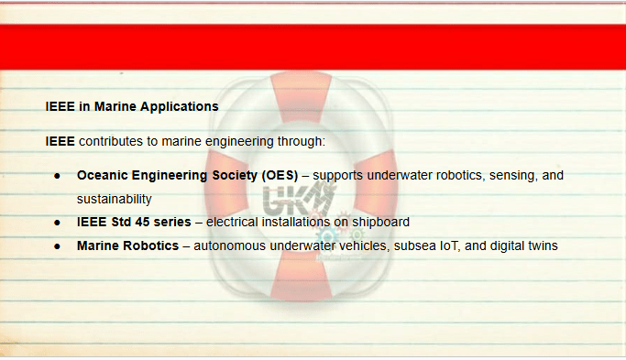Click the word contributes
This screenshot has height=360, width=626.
point(111,141)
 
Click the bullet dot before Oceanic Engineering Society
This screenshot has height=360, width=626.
point(57,176)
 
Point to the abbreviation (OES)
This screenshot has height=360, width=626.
point(280,175)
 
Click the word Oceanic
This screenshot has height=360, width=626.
point(102,175)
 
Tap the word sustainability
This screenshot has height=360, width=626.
point(115,199)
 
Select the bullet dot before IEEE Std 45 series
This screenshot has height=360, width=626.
point(57,223)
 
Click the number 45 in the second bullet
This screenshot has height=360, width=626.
point(142,222)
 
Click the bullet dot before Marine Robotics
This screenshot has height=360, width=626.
point(57,246)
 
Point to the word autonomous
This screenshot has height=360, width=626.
point(229,245)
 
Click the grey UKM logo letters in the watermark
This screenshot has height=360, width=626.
point(299,199)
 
